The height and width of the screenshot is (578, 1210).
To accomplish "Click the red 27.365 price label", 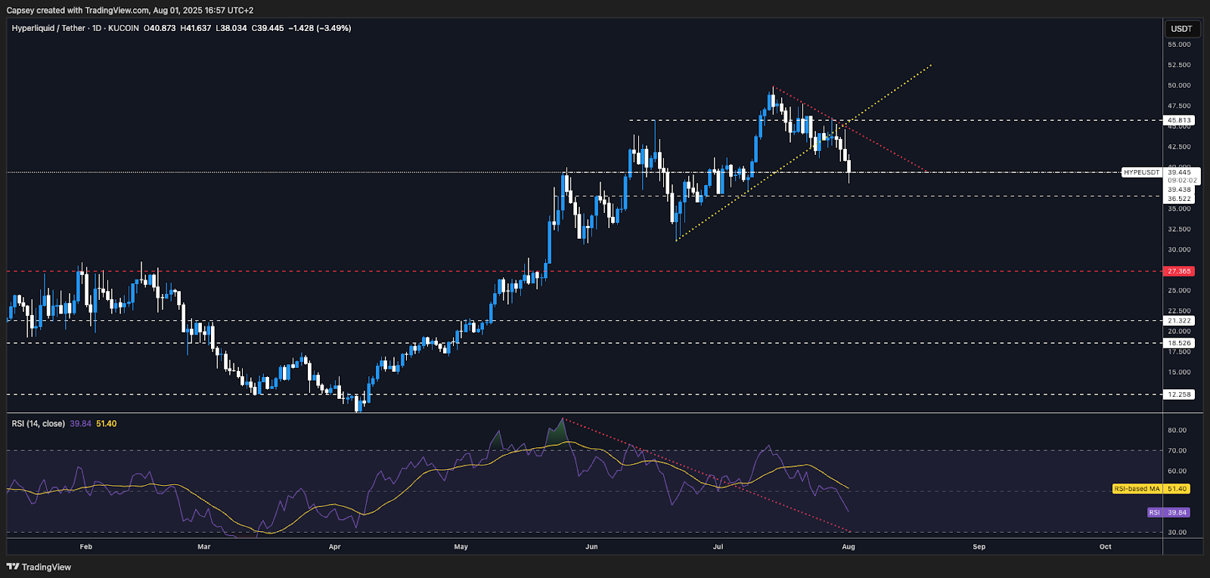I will [1179, 271].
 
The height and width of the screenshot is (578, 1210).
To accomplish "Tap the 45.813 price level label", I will [1179, 120].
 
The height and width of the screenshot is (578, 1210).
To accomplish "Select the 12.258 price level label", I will [1179, 394].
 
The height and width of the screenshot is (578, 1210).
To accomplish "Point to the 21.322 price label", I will [1179, 321].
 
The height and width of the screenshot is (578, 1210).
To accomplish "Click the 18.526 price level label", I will [1179, 343].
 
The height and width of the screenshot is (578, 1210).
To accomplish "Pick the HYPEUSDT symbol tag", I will [1141, 172].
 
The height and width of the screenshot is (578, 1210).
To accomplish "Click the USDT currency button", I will [1181, 29].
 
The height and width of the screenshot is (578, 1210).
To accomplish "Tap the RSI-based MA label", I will [1137, 489].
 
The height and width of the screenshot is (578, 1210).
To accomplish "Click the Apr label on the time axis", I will [335, 546].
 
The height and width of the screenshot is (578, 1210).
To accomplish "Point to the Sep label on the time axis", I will [979, 546].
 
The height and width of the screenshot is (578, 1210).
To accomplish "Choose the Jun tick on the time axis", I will [591, 546].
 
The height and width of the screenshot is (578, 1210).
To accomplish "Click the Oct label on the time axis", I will [1106, 546].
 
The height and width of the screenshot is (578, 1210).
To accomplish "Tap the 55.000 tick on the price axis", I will [1179, 45].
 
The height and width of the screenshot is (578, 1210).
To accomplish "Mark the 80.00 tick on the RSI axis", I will [1177, 430].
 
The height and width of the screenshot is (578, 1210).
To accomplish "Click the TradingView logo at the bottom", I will [39, 567].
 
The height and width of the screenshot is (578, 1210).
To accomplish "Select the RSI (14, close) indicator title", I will [38, 424].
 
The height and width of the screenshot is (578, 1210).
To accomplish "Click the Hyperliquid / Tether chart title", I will [48, 28].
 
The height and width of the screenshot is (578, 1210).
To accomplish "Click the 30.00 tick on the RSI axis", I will [1177, 532].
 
